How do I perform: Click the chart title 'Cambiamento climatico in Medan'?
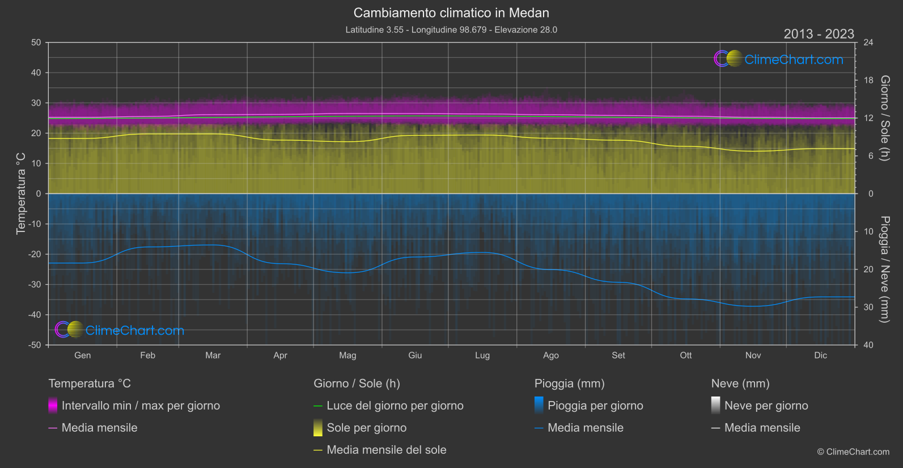(451, 12)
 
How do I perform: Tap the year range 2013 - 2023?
(819, 34)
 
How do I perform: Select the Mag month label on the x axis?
(347, 355)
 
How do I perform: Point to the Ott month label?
(686, 355)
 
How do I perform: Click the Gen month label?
(83, 355)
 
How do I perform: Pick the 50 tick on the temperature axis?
(36, 43)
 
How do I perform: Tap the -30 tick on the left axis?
(35, 284)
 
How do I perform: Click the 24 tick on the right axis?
(868, 43)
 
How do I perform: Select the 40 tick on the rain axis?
(868, 345)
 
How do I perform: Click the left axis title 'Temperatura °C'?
(21, 193)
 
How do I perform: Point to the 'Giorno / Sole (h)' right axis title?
(885, 118)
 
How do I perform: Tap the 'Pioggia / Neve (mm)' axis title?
(885, 269)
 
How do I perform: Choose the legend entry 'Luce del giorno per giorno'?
(395, 406)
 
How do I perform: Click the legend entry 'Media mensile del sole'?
(387, 450)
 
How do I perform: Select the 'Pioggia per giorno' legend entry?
(595, 406)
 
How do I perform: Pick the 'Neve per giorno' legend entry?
(766, 406)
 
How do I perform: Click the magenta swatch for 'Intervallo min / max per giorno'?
(53, 406)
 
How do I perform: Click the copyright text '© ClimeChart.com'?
(853, 452)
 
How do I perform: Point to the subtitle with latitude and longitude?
(451, 29)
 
